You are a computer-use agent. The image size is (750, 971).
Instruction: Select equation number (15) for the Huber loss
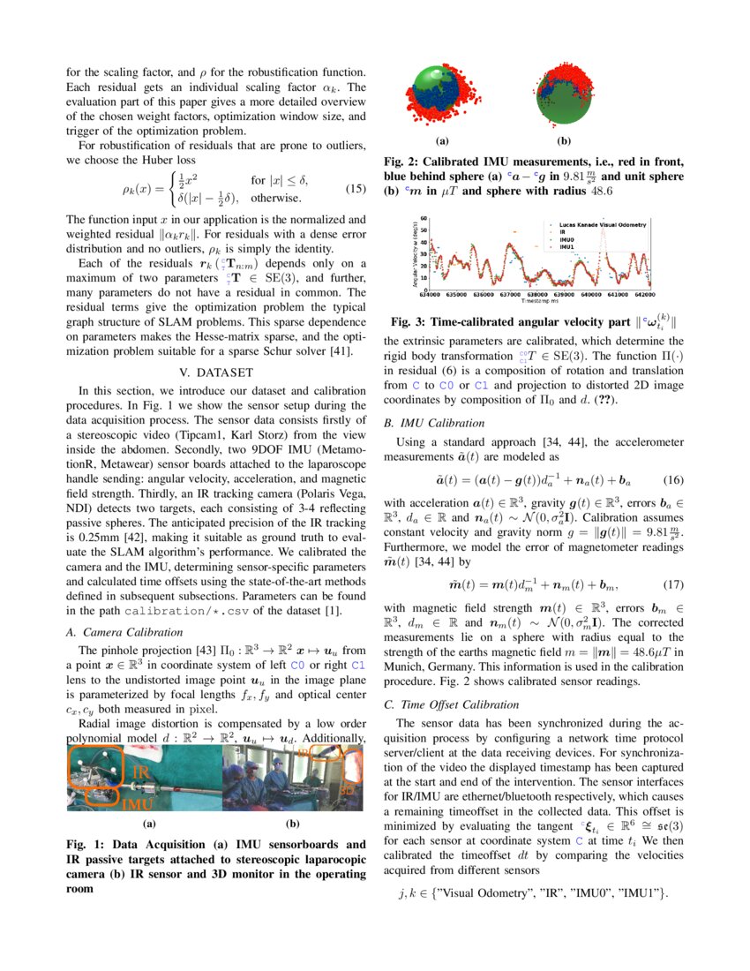(355, 188)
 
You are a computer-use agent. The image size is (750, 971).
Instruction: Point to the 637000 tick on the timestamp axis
(509, 295)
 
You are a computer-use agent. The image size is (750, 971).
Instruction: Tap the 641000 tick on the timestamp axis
(618, 295)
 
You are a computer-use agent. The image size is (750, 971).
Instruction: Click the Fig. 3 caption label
(416, 324)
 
